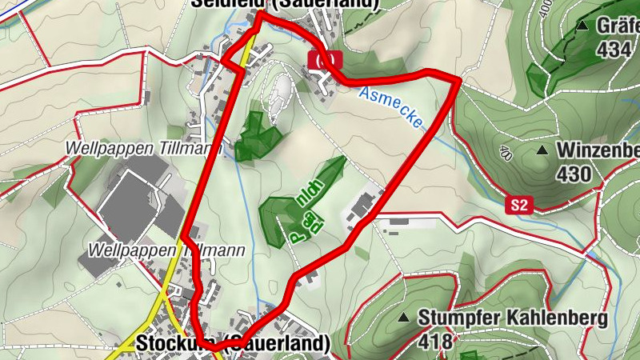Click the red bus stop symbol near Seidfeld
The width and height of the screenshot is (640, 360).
point(324,58)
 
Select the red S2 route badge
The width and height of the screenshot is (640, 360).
point(519,206)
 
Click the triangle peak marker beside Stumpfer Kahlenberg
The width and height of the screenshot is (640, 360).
point(405,318)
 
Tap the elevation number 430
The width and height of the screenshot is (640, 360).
point(574,174)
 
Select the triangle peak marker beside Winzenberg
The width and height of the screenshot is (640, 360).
point(542,150)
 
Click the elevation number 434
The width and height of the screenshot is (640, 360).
point(614,50)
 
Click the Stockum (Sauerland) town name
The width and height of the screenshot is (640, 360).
point(233,343)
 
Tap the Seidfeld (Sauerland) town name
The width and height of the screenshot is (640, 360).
point(284,4)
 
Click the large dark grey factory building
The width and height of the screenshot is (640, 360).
point(133,200)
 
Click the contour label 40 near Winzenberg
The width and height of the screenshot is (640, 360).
point(505,152)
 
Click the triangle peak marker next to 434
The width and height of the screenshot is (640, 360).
point(583,26)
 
